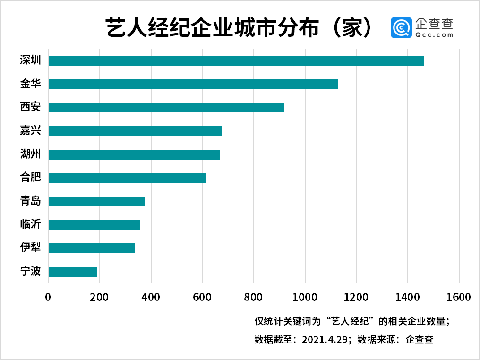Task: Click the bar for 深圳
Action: coord(236,61)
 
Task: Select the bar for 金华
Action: coord(193,84)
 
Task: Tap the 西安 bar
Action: coord(166,108)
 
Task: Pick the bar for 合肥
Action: coord(127,178)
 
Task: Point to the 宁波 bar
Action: coord(73,272)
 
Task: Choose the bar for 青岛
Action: coord(97,201)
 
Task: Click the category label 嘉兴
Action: coord(30,131)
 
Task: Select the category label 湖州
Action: coord(30,154)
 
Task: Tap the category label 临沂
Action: coord(30,224)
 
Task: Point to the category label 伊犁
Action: coord(30,248)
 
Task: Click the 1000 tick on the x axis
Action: coord(305,297)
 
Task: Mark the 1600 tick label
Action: coord(458,297)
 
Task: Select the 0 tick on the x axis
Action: coord(48,297)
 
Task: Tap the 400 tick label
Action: coord(151,297)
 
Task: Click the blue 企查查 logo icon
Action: coord(401,28)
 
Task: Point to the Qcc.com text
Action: coord(435,34)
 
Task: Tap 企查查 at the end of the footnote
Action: coord(420,339)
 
